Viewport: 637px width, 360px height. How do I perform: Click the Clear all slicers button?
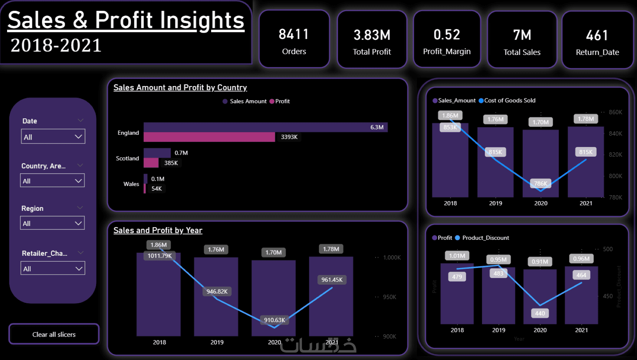[54, 334]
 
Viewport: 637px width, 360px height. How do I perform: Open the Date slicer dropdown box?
[53, 137]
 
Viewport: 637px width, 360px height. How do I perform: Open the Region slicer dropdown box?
[52, 223]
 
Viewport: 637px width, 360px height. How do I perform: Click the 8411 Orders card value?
[294, 35]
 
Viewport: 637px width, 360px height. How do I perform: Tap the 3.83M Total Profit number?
[372, 35]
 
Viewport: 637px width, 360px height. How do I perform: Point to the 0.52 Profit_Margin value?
[447, 35]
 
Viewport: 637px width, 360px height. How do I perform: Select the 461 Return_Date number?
[597, 36]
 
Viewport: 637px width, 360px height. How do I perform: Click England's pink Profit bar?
[209, 137]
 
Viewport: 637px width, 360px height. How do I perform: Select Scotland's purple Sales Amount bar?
[157, 153]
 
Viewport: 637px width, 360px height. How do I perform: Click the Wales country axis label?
[131, 184]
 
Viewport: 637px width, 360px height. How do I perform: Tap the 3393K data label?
[289, 137]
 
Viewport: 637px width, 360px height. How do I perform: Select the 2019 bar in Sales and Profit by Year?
[216, 297]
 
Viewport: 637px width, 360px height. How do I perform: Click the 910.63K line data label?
[275, 320]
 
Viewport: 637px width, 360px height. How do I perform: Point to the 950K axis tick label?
[389, 297]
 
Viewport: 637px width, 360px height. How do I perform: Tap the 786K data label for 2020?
[541, 183]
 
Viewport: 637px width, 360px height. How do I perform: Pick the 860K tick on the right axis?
[615, 112]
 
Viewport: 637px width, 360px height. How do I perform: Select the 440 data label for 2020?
[540, 313]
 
